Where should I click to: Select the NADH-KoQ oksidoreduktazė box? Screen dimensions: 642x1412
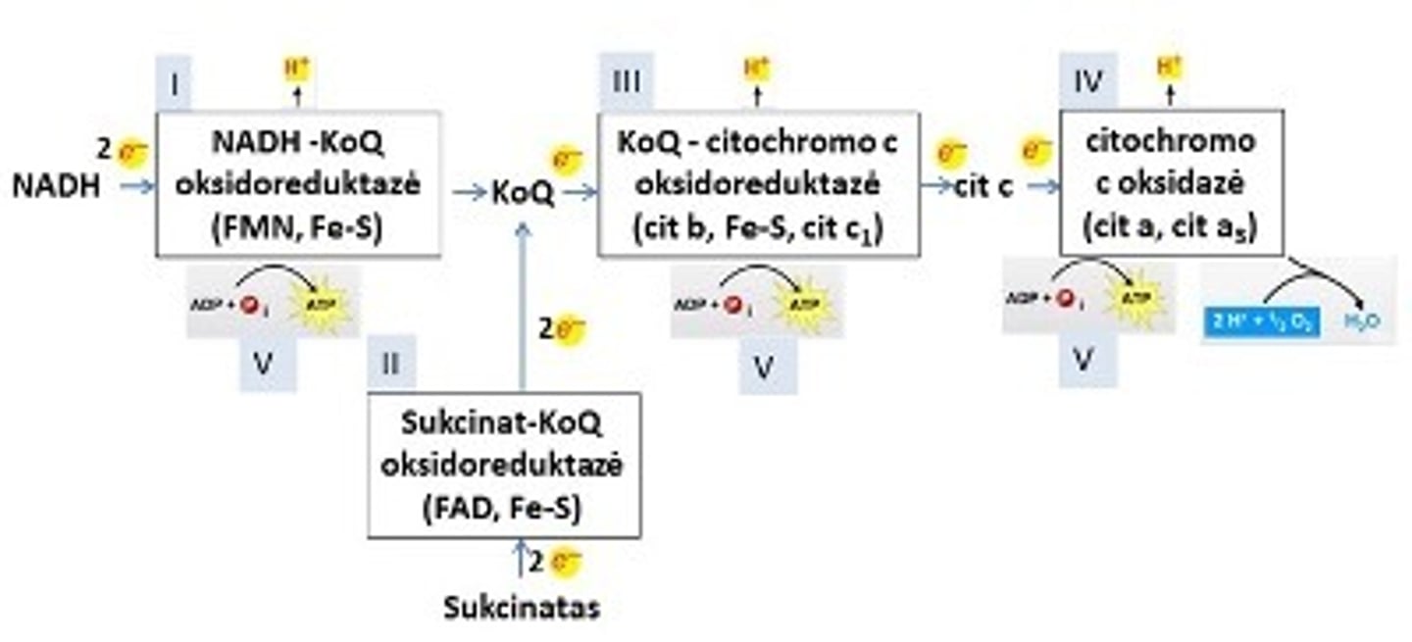297,184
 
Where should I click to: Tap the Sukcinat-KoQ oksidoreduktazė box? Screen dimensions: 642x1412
504,465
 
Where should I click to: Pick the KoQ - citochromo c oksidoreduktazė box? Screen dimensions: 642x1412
758,184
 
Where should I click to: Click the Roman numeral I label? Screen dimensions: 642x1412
175,84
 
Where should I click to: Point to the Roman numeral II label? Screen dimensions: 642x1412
391,364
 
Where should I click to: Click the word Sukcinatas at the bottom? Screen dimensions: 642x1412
521,608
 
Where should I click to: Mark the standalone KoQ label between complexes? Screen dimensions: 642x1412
523,193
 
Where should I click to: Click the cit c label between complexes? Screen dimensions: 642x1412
983,186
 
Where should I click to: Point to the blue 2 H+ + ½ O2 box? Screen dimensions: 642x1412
1260,320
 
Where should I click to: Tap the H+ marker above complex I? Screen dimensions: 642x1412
296,69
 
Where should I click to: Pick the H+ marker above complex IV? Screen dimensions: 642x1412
1169,67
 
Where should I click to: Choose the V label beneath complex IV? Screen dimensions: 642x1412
1083,361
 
